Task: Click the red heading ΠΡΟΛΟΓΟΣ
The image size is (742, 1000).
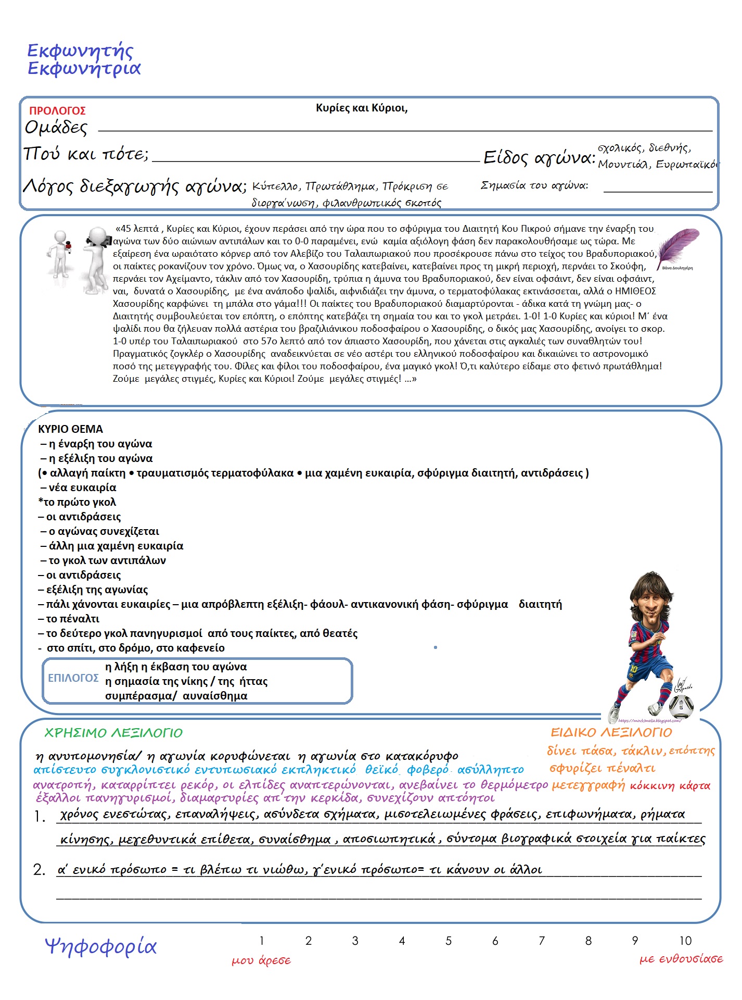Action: point(57,111)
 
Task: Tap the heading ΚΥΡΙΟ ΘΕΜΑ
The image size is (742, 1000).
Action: point(70,429)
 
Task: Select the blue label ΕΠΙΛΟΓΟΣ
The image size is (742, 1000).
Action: point(73,678)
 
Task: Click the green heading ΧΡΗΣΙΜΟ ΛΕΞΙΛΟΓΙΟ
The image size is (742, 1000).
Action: point(113,733)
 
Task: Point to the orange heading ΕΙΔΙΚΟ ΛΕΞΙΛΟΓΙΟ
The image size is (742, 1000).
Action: point(611,732)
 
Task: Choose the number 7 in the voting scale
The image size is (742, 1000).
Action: point(542,941)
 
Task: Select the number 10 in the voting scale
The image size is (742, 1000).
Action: point(685,941)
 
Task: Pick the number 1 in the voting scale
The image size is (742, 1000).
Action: point(262,941)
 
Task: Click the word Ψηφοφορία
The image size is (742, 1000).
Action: point(100,946)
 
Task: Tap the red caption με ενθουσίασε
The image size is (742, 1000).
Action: point(681,959)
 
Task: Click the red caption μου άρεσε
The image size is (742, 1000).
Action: point(261,960)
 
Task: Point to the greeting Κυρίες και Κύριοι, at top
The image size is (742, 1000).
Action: point(362,108)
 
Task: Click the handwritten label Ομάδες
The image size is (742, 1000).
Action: point(56,128)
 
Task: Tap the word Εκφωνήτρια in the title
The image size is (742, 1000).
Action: point(84,69)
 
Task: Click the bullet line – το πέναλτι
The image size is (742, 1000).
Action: point(69,619)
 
